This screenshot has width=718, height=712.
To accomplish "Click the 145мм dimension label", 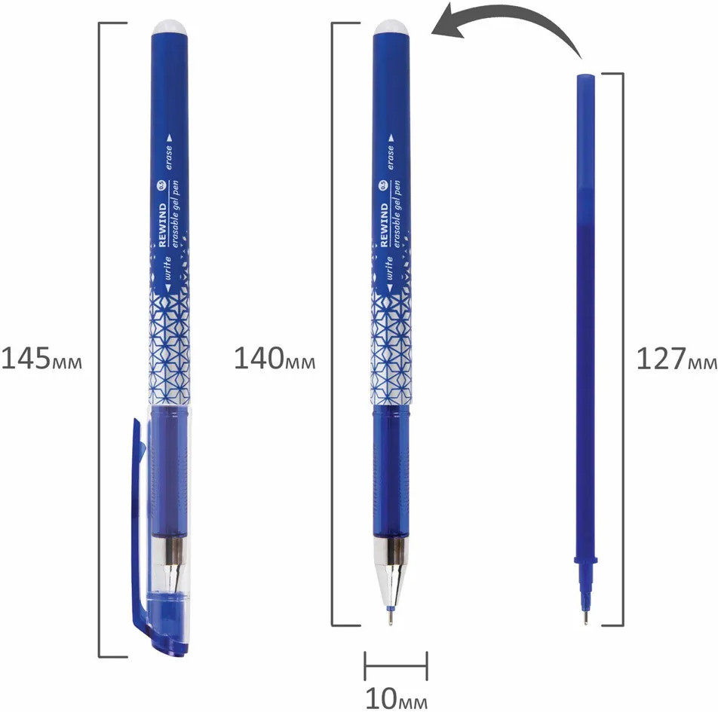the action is (41, 359).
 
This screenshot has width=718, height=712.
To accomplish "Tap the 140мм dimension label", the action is (275, 359).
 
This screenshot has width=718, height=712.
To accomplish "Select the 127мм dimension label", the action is (677, 359).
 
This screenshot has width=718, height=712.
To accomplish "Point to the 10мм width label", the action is (397, 698).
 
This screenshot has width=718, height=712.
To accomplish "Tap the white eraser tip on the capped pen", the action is (170, 26).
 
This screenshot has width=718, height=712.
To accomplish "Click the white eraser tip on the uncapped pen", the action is (392, 26).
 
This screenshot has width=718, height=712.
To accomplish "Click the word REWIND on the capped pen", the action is (163, 225).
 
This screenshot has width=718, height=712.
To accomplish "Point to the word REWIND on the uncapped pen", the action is (384, 225).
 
